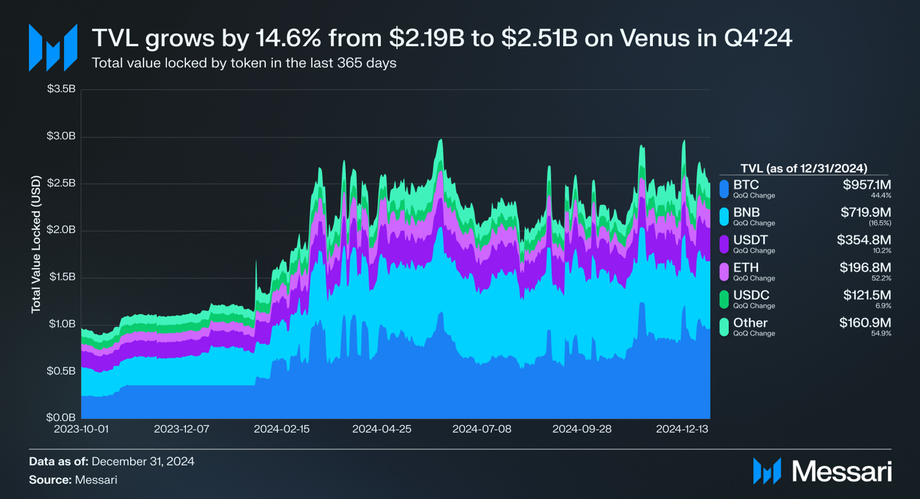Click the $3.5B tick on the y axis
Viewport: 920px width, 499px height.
61,89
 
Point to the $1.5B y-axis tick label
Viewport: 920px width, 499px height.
62,277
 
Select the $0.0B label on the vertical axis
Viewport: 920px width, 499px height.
61,417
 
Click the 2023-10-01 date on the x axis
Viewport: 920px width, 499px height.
81,429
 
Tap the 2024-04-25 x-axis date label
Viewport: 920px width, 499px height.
381,429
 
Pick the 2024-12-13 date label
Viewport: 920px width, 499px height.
682,429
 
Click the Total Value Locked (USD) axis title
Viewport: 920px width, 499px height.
36,244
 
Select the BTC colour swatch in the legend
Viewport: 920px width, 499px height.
724,189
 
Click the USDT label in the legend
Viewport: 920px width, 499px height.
750,240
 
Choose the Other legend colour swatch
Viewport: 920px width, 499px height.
724,327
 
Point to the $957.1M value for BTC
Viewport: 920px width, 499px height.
866,185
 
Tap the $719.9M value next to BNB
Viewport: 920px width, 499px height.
865,213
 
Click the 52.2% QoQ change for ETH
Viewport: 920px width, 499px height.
881,278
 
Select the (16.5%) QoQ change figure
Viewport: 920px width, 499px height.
880,223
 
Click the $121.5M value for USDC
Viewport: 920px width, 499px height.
867,295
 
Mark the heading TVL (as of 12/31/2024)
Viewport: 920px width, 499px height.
804,168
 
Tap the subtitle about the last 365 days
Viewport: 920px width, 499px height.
244,63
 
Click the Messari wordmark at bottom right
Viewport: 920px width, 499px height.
841,472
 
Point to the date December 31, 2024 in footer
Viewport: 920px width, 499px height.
143,462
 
